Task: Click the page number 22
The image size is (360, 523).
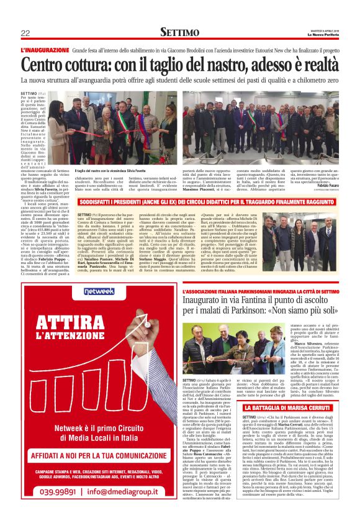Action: point(25,32)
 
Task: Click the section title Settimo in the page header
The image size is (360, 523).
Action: point(179,32)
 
